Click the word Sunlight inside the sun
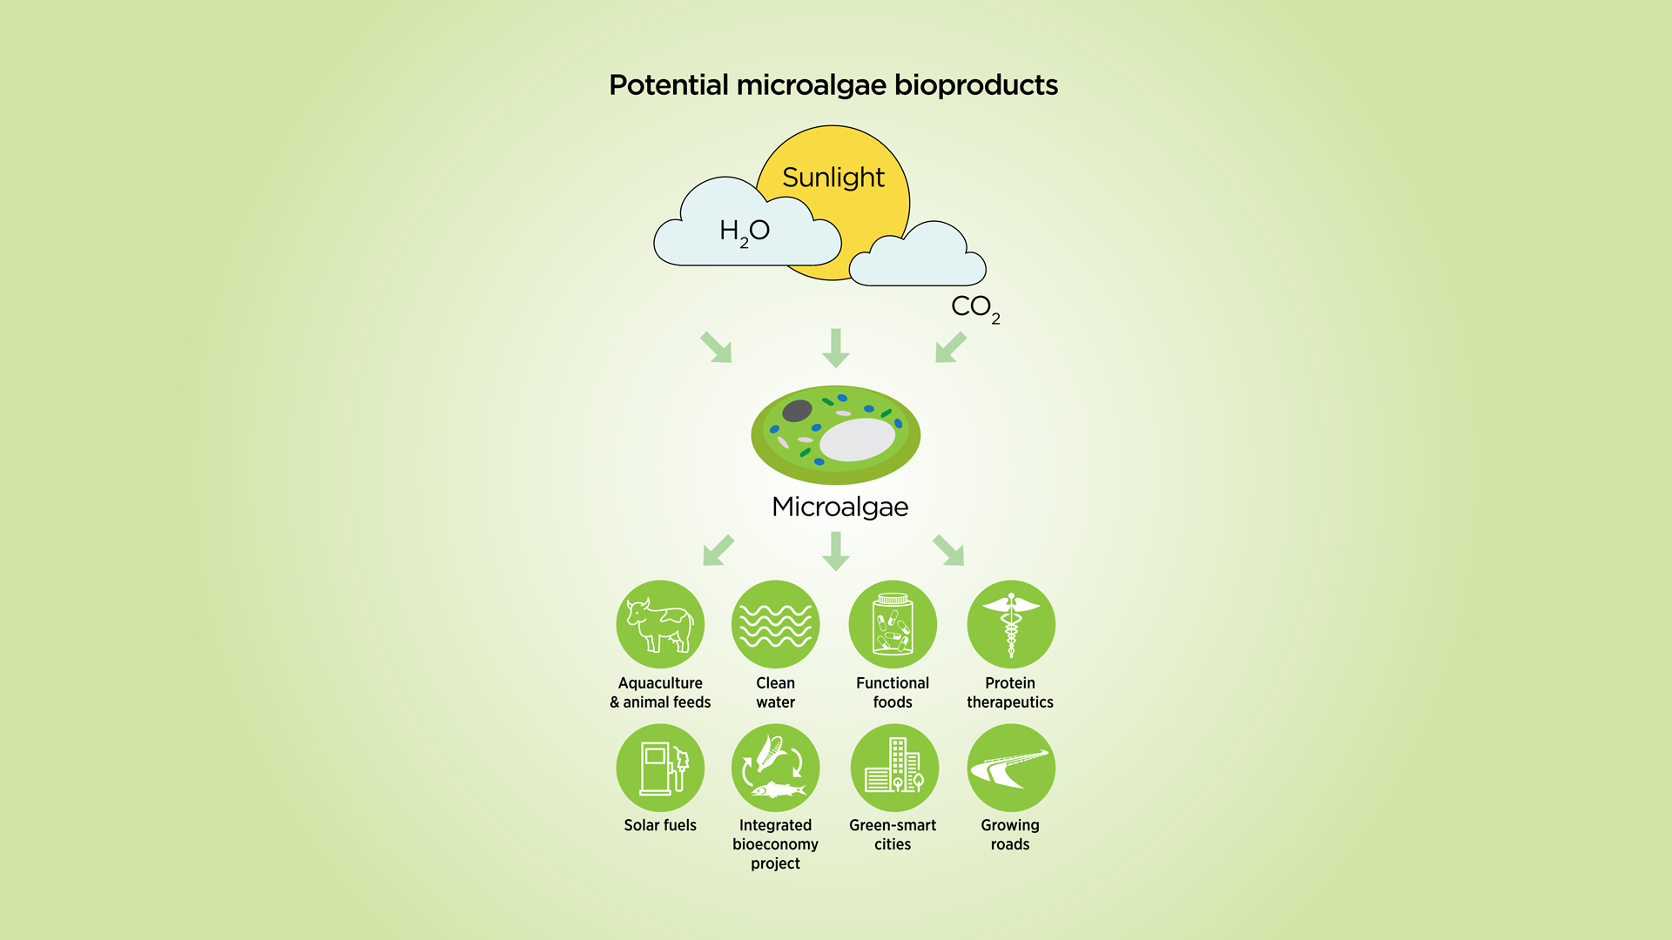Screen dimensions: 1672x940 (x=833, y=178)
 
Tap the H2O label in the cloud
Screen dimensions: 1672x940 (x=745, y=232)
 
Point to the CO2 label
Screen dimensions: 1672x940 (x=975, y=308)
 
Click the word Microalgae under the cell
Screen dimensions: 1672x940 (x=840, y=507)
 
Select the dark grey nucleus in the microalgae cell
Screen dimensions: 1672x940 (x=797, y=411)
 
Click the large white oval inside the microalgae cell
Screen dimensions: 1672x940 (x=858, y=440)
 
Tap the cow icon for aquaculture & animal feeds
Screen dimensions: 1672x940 (x=660, y=624)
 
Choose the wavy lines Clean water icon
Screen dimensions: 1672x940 (x=775, y=624)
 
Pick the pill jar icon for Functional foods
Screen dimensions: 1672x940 (x=893, y=624)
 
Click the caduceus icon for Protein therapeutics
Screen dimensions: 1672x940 (x=1011, y=624)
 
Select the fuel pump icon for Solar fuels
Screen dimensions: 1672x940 (x=660, y=768)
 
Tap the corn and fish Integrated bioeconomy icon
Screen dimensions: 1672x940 (x=775, y=768)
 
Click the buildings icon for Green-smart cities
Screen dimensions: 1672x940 (x=894, y=768)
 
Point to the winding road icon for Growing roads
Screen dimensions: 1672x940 (x=1011, y=768)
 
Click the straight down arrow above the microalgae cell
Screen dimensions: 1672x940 (x=836, y=348)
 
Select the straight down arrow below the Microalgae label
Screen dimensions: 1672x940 (x=836, y=551)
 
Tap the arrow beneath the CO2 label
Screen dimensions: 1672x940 (x=951, y=347)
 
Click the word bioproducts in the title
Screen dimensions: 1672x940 (x=976, y=85)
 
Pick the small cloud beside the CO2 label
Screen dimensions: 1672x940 (x=917, y=253)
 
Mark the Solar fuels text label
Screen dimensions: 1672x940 (x=660, y=825)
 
